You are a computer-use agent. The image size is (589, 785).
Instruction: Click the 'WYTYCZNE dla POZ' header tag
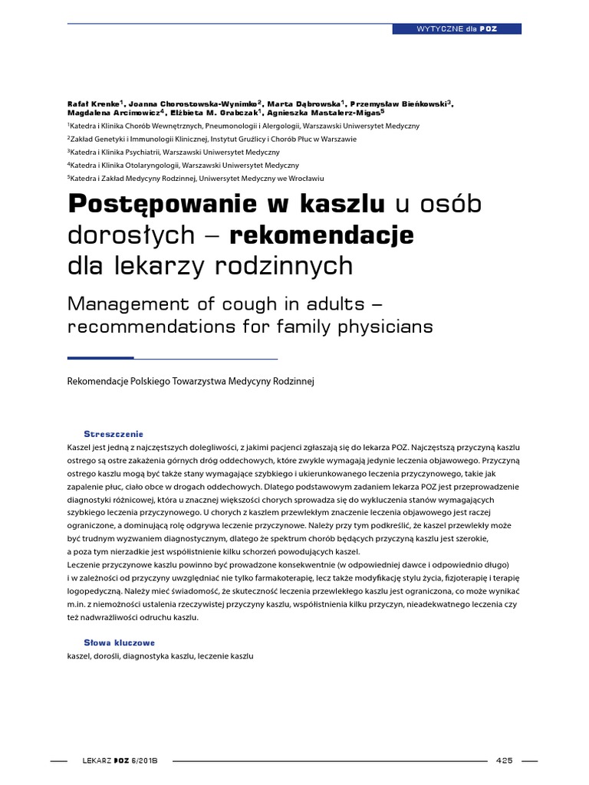457,28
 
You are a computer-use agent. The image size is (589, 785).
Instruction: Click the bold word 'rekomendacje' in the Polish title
321,235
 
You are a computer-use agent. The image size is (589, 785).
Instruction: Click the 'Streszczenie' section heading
114,434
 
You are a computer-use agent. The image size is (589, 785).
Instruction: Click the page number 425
504,739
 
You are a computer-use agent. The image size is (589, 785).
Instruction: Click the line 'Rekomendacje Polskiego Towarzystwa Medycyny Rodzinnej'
192,381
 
